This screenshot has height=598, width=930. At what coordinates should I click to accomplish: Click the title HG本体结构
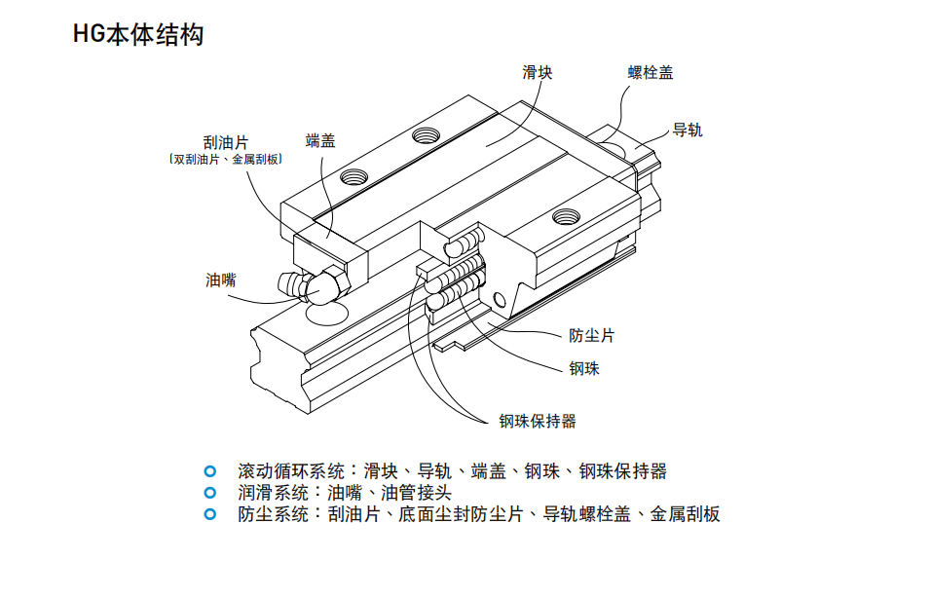tap(137, 36)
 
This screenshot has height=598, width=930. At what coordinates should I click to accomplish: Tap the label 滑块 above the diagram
tap(537, 72)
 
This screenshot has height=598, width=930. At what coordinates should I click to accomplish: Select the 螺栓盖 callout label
tap(650, 72)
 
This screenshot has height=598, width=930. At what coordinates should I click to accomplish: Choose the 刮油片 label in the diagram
tap(225, 143)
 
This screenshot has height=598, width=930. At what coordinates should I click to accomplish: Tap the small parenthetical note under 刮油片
tap(225, 160)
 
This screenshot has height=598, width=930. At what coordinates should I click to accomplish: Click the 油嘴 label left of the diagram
tap(221, 280)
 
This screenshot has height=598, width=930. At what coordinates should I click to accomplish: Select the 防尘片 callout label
tap(591, 335)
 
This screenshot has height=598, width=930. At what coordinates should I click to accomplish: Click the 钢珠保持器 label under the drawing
tap(538, 421)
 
